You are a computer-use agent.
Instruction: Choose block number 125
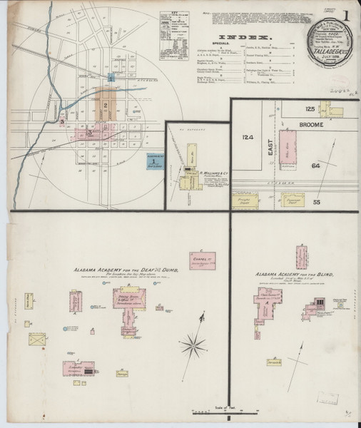pos(310,108)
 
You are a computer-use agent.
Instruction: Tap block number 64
pos(317,165)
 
